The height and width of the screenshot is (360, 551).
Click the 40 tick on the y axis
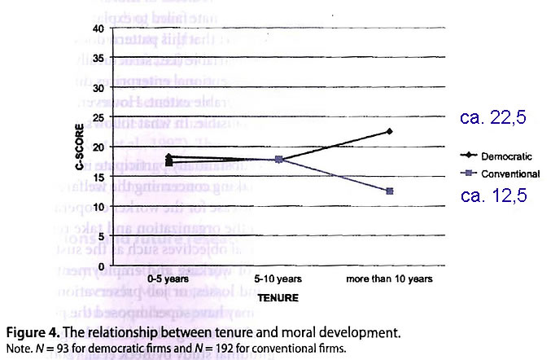[x=120, y=29]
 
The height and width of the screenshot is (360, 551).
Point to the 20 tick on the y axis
[x=120, y=147]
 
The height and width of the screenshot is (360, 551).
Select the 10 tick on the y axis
[x=120, y=207]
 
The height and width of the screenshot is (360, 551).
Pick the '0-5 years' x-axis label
[x=168, y=279]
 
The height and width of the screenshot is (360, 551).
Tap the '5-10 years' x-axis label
[x=279, y=279]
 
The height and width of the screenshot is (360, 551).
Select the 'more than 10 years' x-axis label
[x=390, y=279]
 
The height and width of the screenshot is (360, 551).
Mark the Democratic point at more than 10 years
[x=391, y=131]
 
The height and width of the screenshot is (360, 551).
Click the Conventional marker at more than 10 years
[x=391, y=191]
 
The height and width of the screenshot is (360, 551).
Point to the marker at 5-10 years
[x=279, y=160]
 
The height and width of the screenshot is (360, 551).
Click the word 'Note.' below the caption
[x=17, y=349]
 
